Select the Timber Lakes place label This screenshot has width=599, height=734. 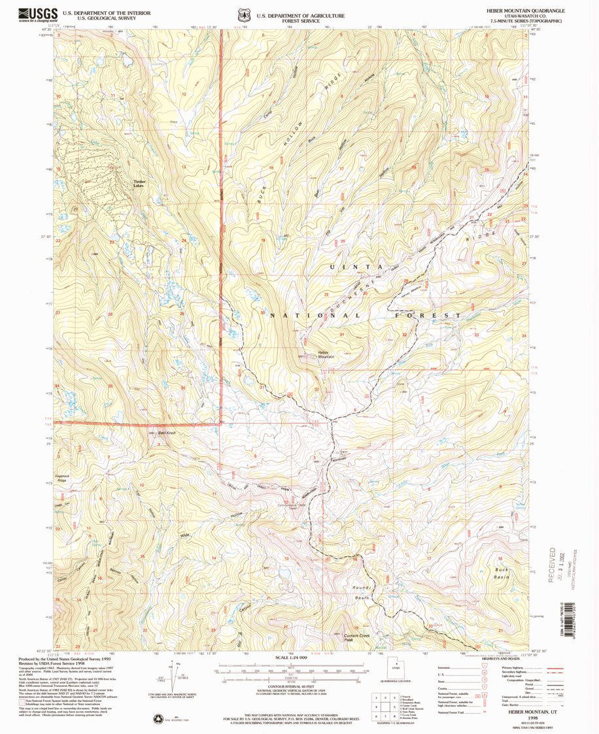coord(140,184)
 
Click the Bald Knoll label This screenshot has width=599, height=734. coord(167,433)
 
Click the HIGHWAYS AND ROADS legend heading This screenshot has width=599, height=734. coord(508,658)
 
